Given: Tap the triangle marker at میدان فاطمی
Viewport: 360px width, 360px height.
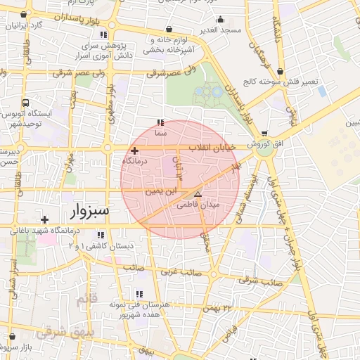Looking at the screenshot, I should click(x=197, y=193).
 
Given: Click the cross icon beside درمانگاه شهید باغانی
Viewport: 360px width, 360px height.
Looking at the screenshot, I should click(x=45, y=219).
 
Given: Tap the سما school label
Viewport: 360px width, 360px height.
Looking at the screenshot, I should click(x=161, y=131).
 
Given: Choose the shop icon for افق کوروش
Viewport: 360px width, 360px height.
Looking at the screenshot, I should click(x=264, y=134).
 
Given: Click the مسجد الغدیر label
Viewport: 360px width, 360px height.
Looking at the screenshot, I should click(x=220, y=30).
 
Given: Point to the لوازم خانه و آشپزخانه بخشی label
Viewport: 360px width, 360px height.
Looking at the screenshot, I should click(x=176, y=46).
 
